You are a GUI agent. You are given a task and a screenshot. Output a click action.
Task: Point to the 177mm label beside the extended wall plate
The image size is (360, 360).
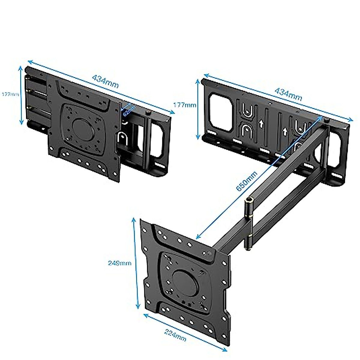pyautogui.click(x=185, y=105)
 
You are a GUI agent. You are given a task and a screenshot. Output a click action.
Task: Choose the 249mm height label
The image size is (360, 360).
pyautogui.click(x=120, y=263)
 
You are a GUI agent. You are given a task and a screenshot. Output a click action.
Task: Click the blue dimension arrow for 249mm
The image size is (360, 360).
pyautogui.click(x=136, y=263)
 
